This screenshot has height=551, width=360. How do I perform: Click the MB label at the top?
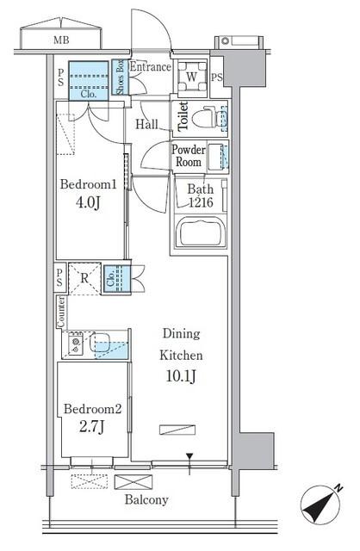tap(61, 40)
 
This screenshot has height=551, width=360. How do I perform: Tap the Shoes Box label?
tap(121, 77)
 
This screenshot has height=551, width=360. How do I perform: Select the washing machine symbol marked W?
tap(191, 77)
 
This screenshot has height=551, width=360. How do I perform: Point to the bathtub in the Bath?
tap(201, 232)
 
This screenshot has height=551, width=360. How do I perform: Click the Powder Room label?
tap(189, 156)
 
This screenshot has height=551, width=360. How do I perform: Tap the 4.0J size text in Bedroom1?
tap(88, 203)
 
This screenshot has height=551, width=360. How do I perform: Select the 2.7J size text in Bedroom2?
tap(91, 427)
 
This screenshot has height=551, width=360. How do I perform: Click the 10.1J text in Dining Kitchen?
tap(181, 376)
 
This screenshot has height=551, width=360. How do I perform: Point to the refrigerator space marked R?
tap(84, 279)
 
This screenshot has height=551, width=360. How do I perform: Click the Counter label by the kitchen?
tap(61, 312)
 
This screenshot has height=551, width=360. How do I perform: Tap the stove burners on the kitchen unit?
tap(75, 344)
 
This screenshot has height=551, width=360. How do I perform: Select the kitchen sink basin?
tap(100, 343)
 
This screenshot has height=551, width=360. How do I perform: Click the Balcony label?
tap(146, 499)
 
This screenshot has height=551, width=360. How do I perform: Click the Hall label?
tap(146, 124)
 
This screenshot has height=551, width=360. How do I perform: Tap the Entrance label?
tap(151, 67)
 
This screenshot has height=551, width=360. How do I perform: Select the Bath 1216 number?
tap(201, 202)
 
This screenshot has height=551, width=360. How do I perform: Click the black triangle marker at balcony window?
tap(189, 456)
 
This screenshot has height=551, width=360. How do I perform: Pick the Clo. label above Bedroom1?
tap(88, 94)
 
